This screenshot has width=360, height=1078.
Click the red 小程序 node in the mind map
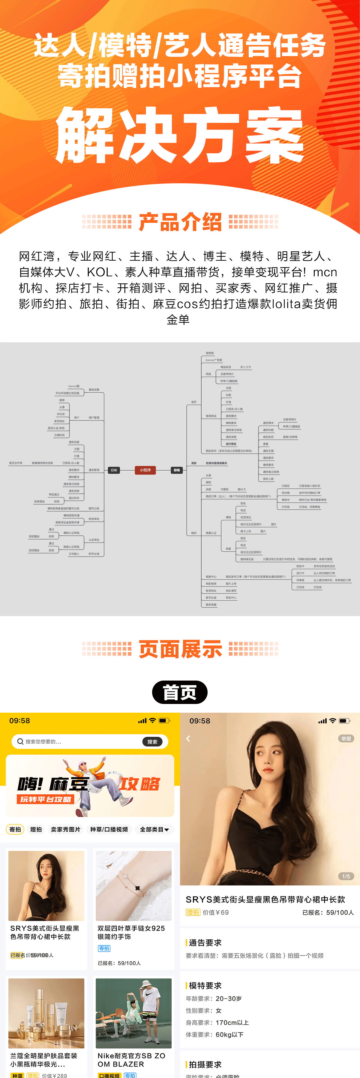145,470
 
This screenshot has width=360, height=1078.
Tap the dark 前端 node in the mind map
177,470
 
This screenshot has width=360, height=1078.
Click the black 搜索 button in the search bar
152,741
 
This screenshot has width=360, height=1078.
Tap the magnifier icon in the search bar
20,741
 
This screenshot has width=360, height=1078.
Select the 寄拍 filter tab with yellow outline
15,829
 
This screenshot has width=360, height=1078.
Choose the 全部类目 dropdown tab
154,829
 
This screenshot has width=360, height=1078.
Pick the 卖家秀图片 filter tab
65,829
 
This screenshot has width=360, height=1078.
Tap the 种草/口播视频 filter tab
109,829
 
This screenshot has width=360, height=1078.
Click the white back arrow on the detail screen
188,739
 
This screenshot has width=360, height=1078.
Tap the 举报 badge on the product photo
346,739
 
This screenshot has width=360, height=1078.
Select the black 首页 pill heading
180,692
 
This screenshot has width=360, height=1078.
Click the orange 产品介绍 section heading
180,222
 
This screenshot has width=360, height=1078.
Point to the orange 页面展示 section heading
180,649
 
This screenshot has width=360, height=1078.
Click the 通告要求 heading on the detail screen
205,942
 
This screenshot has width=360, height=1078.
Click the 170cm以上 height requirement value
232,1022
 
